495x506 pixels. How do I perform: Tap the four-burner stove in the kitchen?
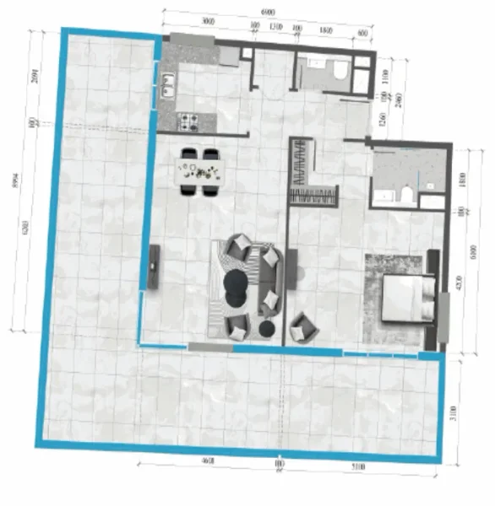pyautogui.click(x=188, y=121)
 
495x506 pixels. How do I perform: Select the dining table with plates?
pyautogui.click(x=201, y=172)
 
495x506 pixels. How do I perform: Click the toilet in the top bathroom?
pyautogui.click(x=340, y=73)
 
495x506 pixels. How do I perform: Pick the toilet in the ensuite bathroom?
pyautogui.click(x=406, y=197)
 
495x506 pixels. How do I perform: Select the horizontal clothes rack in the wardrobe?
pyautogui.click(x=314, y=196)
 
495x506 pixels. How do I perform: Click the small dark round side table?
pyautogui.click(x=268, y=328)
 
